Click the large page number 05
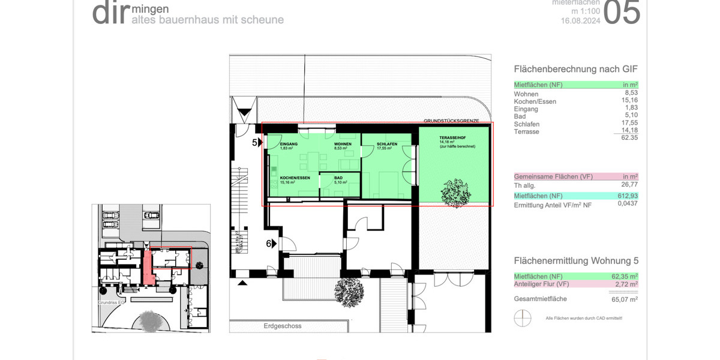click(x=621, y=13)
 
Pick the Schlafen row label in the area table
click(x=527, y=124)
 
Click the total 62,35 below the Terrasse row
click(x=628, y=138)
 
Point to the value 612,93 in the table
click(x=628, y=196)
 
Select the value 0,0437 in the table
click(x=628, y=204)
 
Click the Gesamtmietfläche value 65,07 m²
click(x=624, y=298)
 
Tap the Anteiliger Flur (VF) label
click(x=541, y=284)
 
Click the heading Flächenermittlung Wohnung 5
click(x=576, y=261)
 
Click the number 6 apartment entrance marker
click(x=269, y=244)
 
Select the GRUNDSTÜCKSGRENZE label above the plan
click(x=451, y=121)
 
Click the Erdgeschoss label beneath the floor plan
click(x=281, y=326)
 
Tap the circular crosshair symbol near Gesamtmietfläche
click(x=522, y=317)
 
